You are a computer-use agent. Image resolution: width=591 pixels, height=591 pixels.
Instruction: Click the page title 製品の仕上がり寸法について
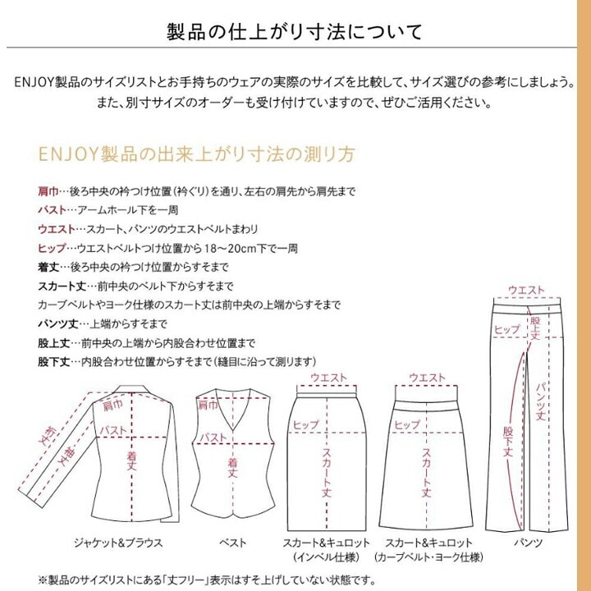click(x=295, y=32)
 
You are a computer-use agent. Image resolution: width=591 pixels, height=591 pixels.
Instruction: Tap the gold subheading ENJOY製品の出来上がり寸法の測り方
click(x=197, y=154)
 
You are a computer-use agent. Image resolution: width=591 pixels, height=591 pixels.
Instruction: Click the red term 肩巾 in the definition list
click(x=48, y=191)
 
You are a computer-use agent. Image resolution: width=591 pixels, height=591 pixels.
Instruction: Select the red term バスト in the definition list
click(x=52, y=210)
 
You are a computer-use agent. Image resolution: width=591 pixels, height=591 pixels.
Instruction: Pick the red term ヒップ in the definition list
click(x=52, y=249)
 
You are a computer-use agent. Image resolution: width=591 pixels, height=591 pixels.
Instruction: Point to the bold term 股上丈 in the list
click(x=54, y=343)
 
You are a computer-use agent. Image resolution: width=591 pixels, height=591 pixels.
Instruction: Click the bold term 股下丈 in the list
click(x=54, y=362)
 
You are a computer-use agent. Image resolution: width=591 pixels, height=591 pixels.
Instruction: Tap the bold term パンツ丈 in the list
click(x=58, y=323)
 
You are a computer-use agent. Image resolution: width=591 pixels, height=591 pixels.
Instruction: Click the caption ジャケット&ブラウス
click(x=118, y=543)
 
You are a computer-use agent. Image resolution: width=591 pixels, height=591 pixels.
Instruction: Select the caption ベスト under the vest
click(x=232, y=543)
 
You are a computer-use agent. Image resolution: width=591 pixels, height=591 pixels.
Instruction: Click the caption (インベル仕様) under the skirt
click(x=326, y=557)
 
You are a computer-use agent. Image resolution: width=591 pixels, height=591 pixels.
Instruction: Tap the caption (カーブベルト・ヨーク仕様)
click(x=428, y=557)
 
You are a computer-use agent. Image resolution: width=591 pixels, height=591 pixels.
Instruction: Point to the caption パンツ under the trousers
click(x=528, y=543)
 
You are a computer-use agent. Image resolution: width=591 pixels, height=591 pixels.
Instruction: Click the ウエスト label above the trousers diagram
click(x=526, y=290)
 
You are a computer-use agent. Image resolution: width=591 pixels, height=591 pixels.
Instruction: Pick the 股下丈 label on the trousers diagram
click(x=508, y=442)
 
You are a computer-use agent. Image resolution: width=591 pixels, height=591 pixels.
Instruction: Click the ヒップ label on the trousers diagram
click(x=507, y=329)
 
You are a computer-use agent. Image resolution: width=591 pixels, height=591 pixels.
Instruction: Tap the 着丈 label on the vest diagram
click(x=232, y=468)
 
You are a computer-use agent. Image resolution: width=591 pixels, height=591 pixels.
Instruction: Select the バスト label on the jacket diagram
click(x=113, y=430)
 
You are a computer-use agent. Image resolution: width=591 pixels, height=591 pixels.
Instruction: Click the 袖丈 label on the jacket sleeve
click(x=67, y=458)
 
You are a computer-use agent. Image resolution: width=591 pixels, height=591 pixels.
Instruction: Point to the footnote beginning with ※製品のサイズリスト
click(x=207, y=580)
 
